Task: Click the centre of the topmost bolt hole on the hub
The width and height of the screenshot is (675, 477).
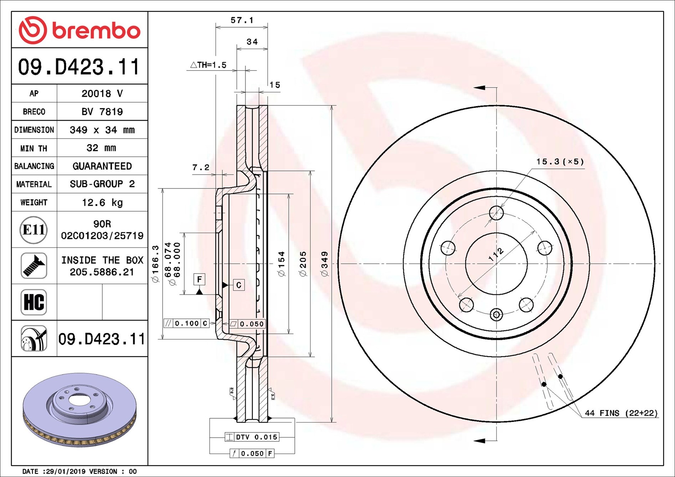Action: point(496,213)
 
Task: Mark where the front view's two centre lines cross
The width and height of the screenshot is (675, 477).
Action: point(496,264)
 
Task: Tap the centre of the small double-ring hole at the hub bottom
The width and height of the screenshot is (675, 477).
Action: point(496,315)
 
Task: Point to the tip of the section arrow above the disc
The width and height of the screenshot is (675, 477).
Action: point(474,88)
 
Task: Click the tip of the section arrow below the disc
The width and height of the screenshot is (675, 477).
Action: point(474,441)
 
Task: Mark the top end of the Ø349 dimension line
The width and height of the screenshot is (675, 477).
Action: point(332,105)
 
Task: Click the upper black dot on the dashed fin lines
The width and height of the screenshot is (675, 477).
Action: point(560,377)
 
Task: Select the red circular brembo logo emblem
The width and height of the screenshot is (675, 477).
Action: point(33,30)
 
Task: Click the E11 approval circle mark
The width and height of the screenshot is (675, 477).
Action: point(34,230)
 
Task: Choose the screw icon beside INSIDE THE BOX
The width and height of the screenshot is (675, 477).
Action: point(34,266)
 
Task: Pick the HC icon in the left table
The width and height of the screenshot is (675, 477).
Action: point(34,302)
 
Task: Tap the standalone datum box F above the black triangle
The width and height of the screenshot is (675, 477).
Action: point(199,279)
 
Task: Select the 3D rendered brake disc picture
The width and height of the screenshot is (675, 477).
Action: point(80,410)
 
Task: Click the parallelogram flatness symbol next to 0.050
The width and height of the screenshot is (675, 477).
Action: point(233,324)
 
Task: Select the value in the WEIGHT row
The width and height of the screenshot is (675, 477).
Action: point(102,202)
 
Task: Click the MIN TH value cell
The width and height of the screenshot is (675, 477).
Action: point(102,148)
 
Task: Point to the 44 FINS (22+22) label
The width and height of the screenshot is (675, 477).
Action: point(621,413)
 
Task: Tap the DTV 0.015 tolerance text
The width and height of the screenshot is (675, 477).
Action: point(256,437)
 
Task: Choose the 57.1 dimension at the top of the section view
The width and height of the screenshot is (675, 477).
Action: point(242,20)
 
